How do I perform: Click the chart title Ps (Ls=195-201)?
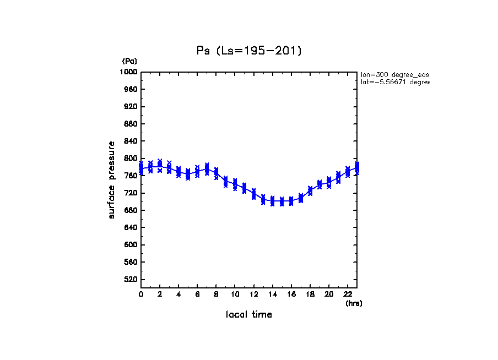point(249,51)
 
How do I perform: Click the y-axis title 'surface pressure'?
point(112,179)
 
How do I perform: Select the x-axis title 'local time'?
point(249,315)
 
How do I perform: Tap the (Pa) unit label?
point(129,61)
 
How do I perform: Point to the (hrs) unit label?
point(354,303)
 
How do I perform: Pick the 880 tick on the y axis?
point(131,124)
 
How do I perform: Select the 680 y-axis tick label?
point(131,210)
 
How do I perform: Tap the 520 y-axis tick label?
point(131,280)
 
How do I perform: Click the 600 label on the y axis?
point(131,245)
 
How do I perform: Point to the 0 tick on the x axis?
point(141,294)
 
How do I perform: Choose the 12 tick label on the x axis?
point(253,294)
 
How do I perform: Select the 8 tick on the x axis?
point(216,294)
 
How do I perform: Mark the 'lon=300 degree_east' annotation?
point(394,74)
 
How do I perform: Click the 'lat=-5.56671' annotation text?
point(394,82)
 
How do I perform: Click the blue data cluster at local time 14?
point(272,201)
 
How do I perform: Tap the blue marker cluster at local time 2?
point(160,166)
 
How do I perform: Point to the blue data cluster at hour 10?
point(235,184)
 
